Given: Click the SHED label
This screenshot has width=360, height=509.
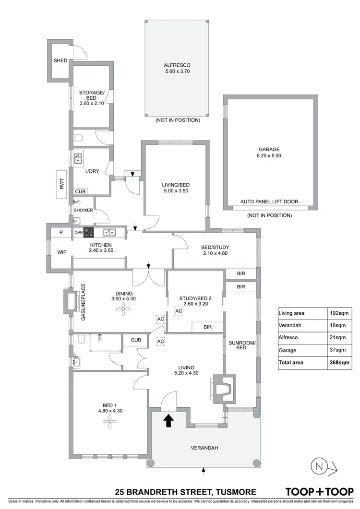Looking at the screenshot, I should [x=60, y=61].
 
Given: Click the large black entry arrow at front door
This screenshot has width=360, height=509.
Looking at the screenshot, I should [x=168, y=421].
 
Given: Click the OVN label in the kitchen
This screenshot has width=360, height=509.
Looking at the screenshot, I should [x=78, y=233].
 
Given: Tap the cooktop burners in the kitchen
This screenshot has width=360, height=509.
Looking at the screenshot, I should [x=89, y=233].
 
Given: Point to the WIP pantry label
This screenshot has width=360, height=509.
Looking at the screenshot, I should [x=62, y=251].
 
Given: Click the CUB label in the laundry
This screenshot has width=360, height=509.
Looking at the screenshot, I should [x=80, y=191].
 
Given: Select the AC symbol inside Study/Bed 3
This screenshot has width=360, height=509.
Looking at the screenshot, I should [x=179, y=311].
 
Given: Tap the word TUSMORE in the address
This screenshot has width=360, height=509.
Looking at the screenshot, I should [x=233, y=492].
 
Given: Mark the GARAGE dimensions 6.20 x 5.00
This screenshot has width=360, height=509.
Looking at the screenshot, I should [x=269, y=156].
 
